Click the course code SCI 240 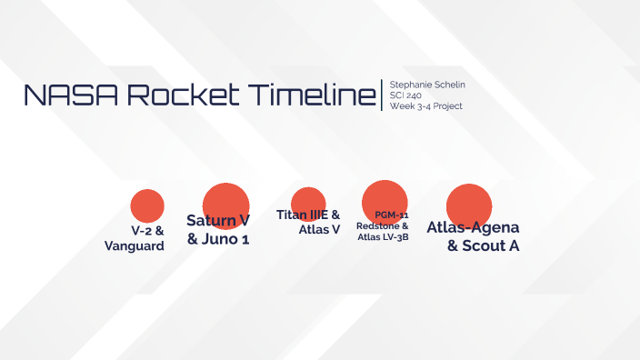point(405,95)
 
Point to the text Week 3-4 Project point(425,106)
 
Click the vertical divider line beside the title point(382,95)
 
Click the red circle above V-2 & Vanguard point(146,205)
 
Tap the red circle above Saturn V point(225,202)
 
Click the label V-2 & point(147,231)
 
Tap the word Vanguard point(135,246)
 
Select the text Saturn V point(218,220)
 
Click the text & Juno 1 point(218,239)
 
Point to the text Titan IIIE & point(308,215)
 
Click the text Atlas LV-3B point(383,237)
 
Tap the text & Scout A point(484,245)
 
